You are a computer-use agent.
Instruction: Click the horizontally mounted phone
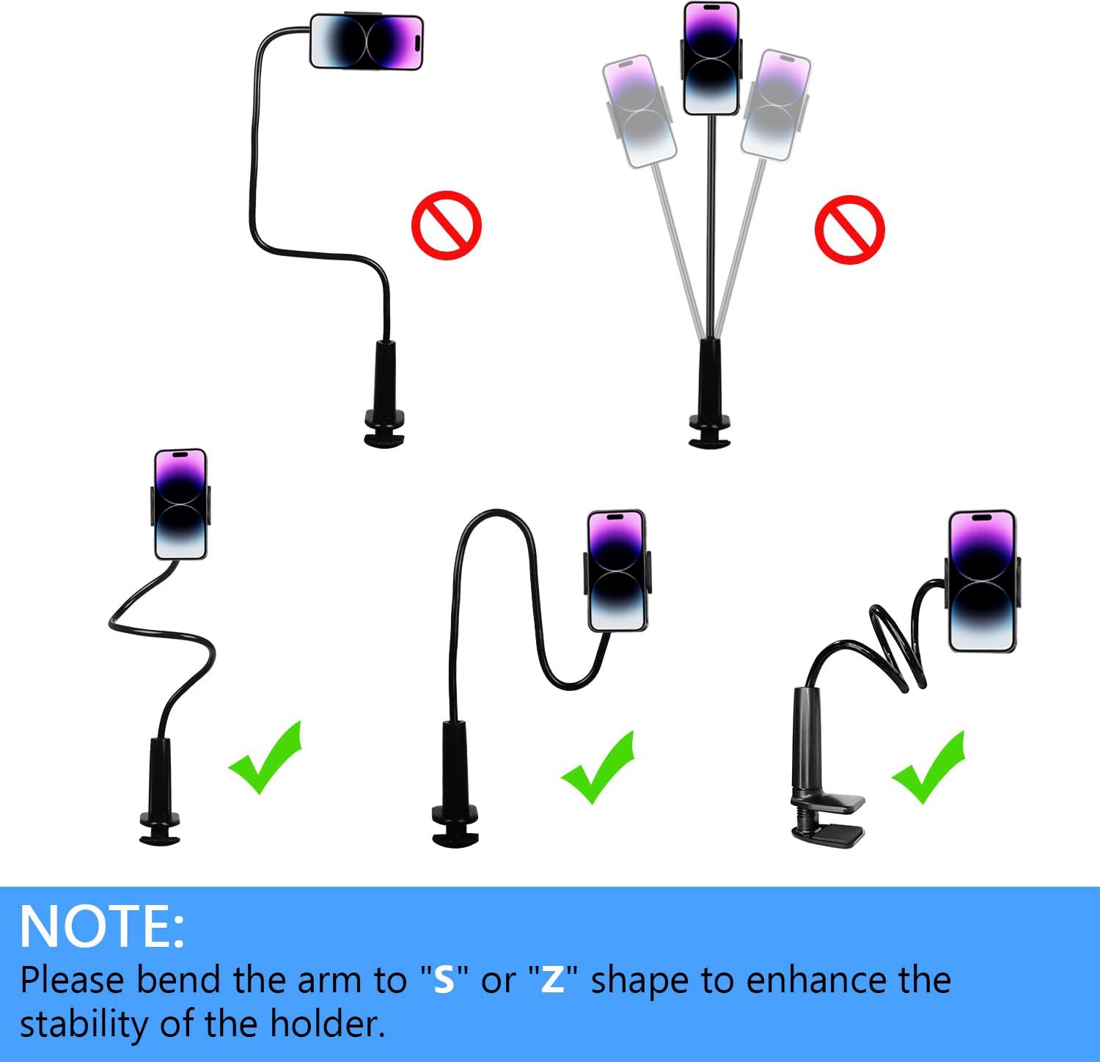coord(366,42)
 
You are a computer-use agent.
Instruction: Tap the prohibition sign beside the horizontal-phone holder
coord(446,225)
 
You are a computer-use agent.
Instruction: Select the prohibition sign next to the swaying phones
coord(849,230)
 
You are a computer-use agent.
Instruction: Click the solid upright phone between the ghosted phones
coord(711,59)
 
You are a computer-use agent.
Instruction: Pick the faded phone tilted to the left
coord(639,110)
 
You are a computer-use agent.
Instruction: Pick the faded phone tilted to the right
coord(776,104)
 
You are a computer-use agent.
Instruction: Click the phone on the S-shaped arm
coord(180,505)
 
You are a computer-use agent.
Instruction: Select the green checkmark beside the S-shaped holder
coord(265,759)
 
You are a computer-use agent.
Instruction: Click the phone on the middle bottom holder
coord(617,571)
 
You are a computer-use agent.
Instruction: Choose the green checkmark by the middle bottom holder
coord(598,768)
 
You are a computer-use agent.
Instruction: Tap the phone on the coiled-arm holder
coord(982,581)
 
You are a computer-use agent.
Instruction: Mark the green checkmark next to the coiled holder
coord(929,768)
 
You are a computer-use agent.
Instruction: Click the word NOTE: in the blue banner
coord(102,927)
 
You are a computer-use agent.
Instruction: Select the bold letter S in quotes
coord(444,980)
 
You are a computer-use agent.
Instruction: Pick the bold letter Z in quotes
coord(552,980)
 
